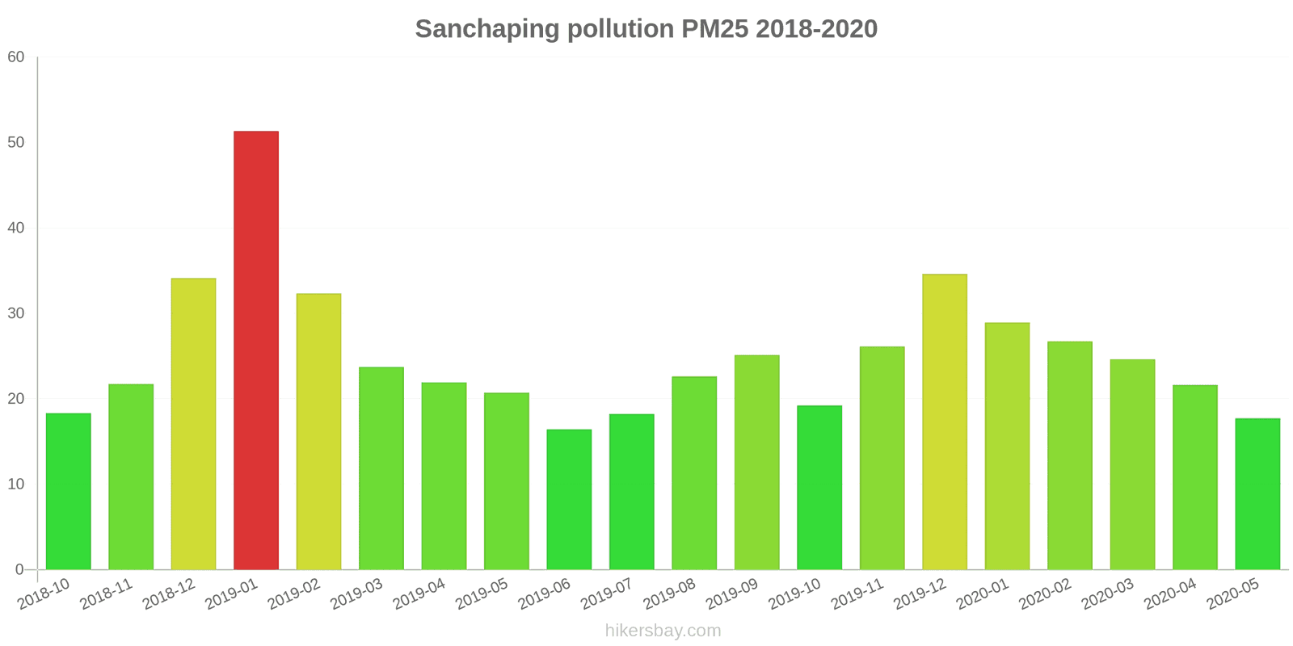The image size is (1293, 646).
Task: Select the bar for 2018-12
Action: pos(193,424)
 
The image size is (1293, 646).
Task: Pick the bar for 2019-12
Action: pos(945,422)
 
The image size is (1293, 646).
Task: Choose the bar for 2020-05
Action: pos(1257,493)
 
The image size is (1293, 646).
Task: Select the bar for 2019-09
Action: pos(756,462)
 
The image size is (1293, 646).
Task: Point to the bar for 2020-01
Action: pos(1007,446)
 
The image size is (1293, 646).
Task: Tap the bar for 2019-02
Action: pos(318,431)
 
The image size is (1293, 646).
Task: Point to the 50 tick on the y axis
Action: pos(16,142)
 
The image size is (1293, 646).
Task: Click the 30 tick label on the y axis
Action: pos(16,313)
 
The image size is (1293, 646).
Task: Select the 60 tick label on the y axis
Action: pos(16,57)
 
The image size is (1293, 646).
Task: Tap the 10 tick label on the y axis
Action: pos(16,484)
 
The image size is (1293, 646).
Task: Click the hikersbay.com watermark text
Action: pos(663,631)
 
